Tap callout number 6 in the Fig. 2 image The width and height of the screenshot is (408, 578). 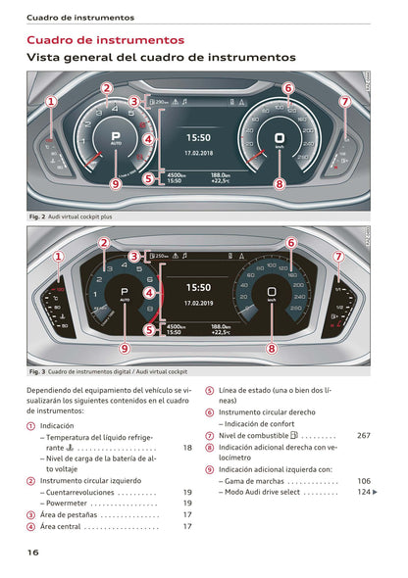point(287,88)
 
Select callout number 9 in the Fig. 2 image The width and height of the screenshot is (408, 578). point(116,182)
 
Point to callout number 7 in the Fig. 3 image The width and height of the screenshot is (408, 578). point(338,257)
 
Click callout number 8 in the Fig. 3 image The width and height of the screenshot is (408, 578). point(272,347)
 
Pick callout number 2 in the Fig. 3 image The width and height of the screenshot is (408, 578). point(103,242)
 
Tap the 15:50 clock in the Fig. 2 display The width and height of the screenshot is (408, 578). point(198,138)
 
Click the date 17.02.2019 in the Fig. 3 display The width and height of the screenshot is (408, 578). point(198,302)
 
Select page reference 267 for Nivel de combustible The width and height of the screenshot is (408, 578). point(363,435)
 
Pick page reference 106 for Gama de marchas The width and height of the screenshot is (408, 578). point(363,481)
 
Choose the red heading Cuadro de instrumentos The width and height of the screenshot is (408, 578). point(105,40)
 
